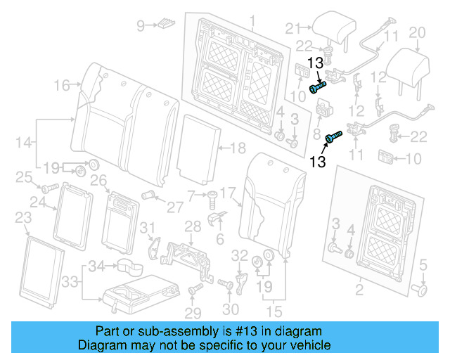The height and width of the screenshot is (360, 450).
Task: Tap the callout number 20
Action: coord(417,32)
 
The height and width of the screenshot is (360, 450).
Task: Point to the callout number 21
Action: coord(292,28)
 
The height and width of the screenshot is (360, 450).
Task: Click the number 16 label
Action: coord(62,86)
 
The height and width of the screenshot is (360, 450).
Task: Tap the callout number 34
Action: coord(101,266)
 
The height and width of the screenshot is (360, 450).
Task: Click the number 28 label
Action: coord(192,225)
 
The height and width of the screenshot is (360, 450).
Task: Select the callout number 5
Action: coord(423,265)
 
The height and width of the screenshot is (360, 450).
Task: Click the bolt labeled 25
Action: coord(49,188)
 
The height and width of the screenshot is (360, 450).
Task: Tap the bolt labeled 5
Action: coord(420,288)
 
